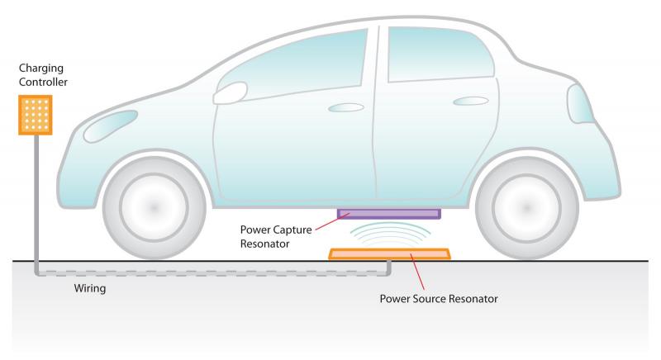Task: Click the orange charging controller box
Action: [x=36, y=115]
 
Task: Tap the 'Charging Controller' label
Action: [x=43, y=75]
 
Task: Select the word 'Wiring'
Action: [x=90, y=288]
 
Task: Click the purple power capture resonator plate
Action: [x=389, y=214]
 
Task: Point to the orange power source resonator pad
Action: [x=389, y=253]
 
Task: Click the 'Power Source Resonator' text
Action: [x=439, y=299]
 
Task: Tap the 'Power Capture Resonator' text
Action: [x=276, y=237]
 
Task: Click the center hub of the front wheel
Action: [x=154, y=207]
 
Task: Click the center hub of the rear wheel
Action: [x=526, y=207]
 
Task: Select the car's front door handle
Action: [x=346, y=108]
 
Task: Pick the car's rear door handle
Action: [x=471, y=101]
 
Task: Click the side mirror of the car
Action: [x=231, y=93]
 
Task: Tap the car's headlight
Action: [x=111, y=126]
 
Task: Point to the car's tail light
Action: [x=581, y=104]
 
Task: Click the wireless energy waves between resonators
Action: [x=390, y=234]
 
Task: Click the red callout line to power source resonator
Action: [x=417, y=272]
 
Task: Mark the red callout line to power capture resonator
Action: [x=333, y=222]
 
